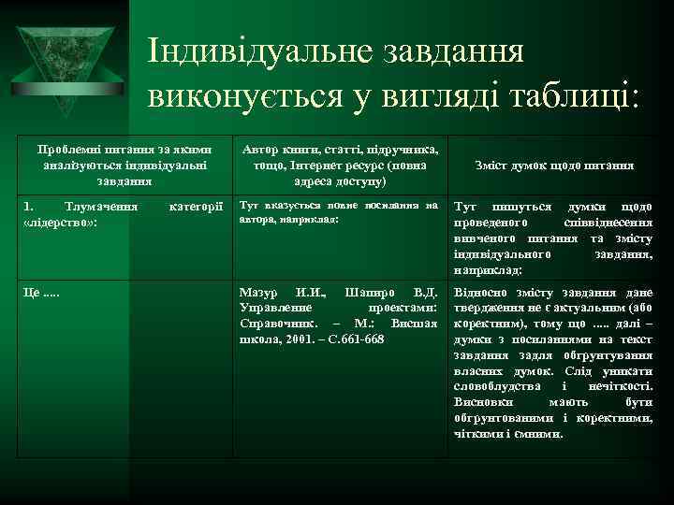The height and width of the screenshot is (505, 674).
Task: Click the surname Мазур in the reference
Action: tap(260, 293)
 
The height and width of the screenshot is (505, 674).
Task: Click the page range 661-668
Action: tap(361, 338)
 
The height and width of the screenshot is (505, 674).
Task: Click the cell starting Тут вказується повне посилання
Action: tap(338, 210)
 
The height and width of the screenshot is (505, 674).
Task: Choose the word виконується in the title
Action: tap(246, 96)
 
